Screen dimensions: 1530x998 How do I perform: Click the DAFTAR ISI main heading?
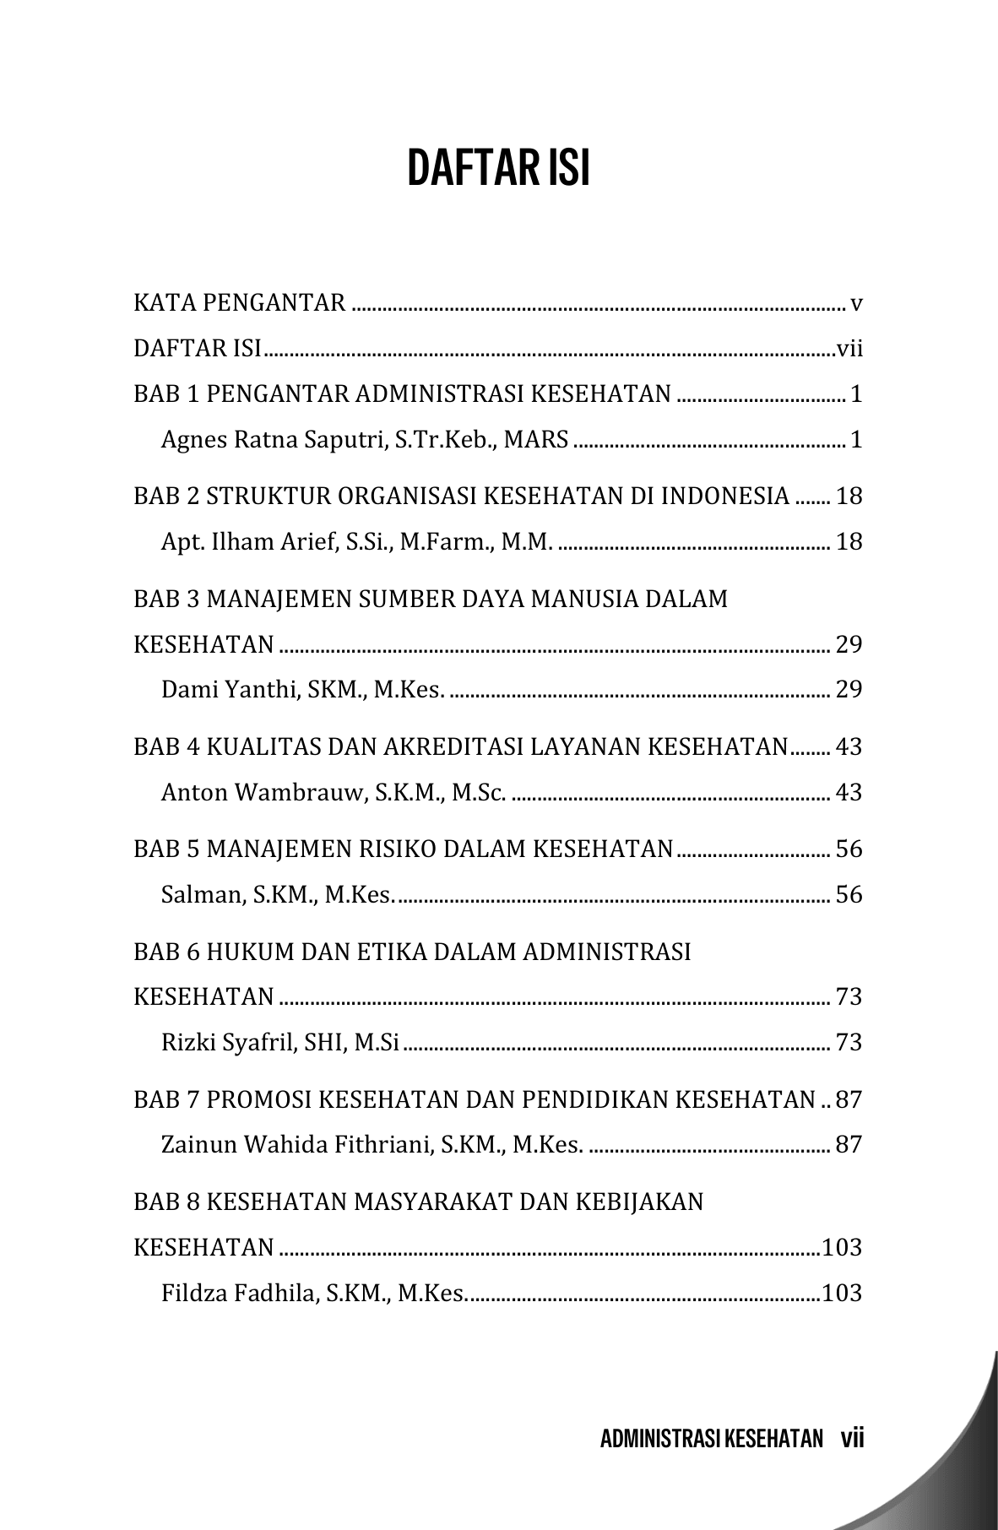(x=498, y=169)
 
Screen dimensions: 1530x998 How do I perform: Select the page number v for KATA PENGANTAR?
(x=856, y=302)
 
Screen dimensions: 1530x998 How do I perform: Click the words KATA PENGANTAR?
(x=240, y=302)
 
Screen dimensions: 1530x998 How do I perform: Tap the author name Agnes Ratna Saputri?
(x=275, y=440)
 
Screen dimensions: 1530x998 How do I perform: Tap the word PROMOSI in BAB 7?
(x=261, y=1100)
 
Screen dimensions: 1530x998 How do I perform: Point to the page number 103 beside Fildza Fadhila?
(x=842, y=1293)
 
